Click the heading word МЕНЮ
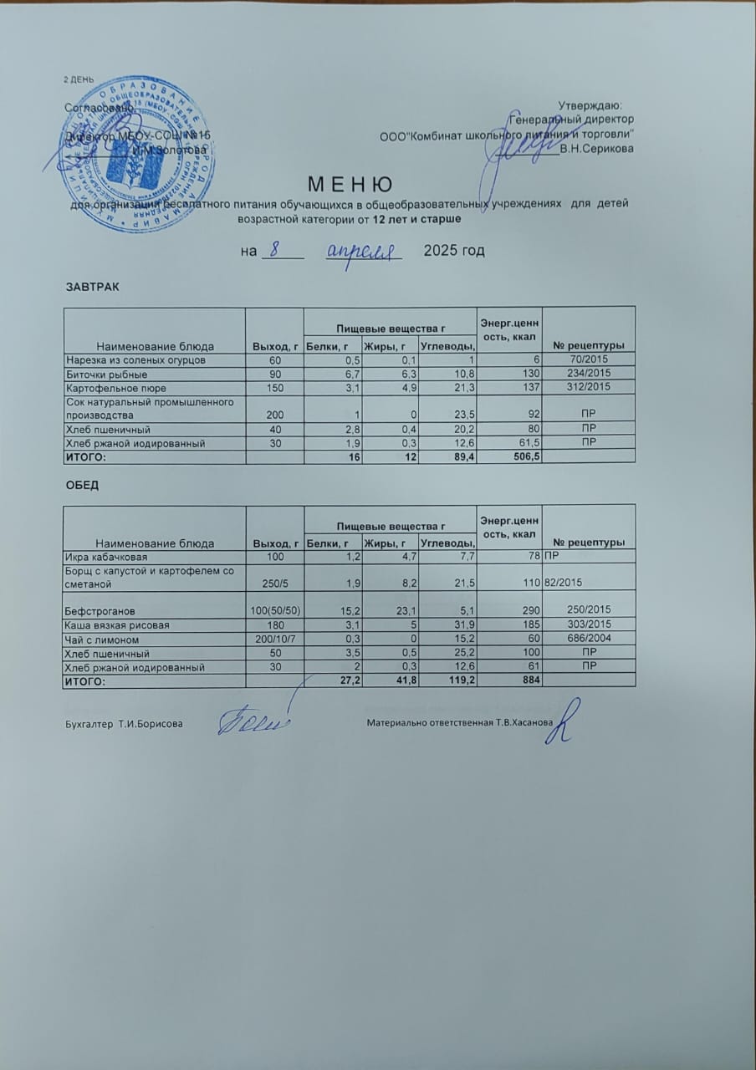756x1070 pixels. click(351, 184)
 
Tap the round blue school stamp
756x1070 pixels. click(140, 158)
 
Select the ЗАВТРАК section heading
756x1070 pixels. click(92, 287)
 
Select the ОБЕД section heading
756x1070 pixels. click(82, 485)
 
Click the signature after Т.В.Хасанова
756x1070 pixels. click(565, 724)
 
